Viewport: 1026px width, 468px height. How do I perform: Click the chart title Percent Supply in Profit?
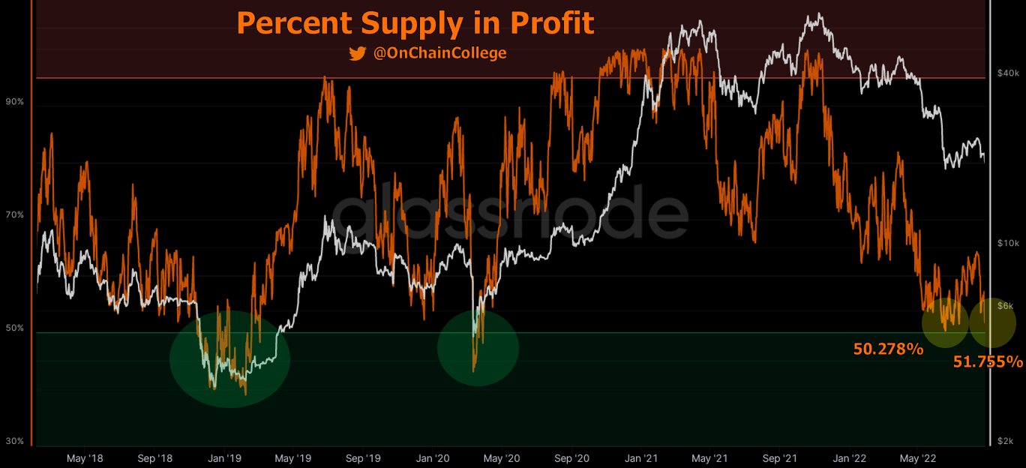[415, 23]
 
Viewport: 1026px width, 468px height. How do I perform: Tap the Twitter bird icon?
[357, 53]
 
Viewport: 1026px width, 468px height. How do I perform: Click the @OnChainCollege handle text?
[439, 53]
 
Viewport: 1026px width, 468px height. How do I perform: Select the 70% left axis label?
[15, 215]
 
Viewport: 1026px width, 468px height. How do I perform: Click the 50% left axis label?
[15, 328]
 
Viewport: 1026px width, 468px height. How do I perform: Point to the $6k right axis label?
[1006, 305]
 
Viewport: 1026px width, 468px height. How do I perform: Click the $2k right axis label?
[1006, 441]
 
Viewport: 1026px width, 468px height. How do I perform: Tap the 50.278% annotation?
[888, 349]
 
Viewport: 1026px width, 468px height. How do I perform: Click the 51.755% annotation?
[988, 362]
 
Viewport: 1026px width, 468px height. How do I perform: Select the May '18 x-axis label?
[85, 457]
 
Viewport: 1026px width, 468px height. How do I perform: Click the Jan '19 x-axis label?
[224, 457]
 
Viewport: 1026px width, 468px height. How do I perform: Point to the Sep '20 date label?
[573, 457]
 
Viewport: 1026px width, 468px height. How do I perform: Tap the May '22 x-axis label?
[919, 457]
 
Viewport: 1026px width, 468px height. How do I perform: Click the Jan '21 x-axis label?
[642, 457]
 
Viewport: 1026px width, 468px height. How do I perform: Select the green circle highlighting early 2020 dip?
[478, 349]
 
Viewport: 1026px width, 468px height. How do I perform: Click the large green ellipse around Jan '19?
[229, 358]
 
